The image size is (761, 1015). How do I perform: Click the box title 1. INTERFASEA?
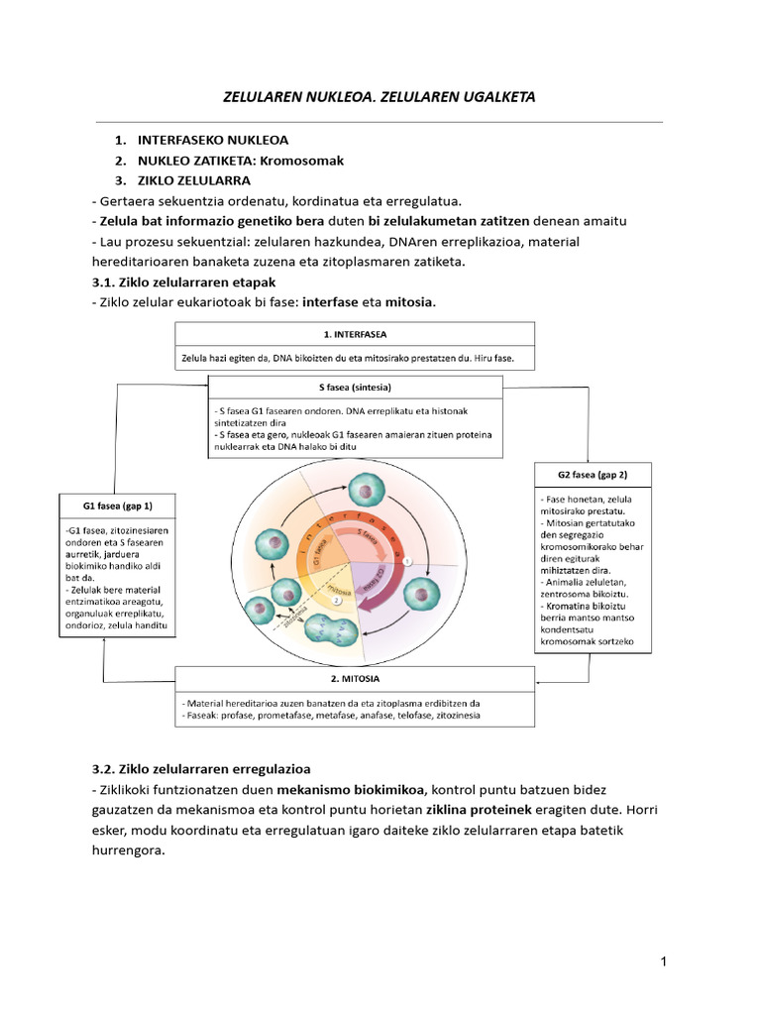coord(354,335)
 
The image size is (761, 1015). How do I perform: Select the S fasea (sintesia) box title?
coord(354,388)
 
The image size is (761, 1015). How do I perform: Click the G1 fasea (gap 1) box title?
coord(118,506)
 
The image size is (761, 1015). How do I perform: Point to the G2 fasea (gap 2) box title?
coord(593,475)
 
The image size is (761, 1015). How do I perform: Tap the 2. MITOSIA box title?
coord(354,680)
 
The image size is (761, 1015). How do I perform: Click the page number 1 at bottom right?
coord(664,961)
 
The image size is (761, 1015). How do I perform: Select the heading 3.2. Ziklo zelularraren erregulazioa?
coord(200,769)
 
